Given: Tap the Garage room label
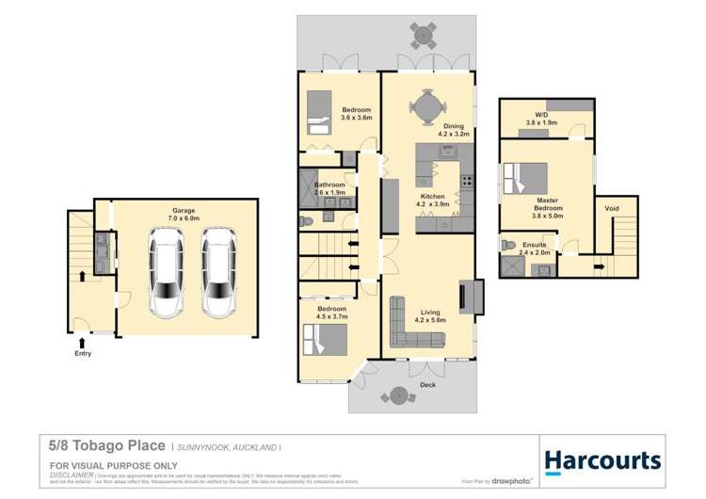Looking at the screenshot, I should click(x=183, y=210).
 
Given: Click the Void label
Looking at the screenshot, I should click(x=612, y=208).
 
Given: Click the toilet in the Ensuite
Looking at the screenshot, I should click(x=510, y=244).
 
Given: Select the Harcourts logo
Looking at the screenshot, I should click(x=602, y=460).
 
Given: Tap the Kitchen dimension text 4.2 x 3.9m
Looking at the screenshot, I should click(x=435, y=203).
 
